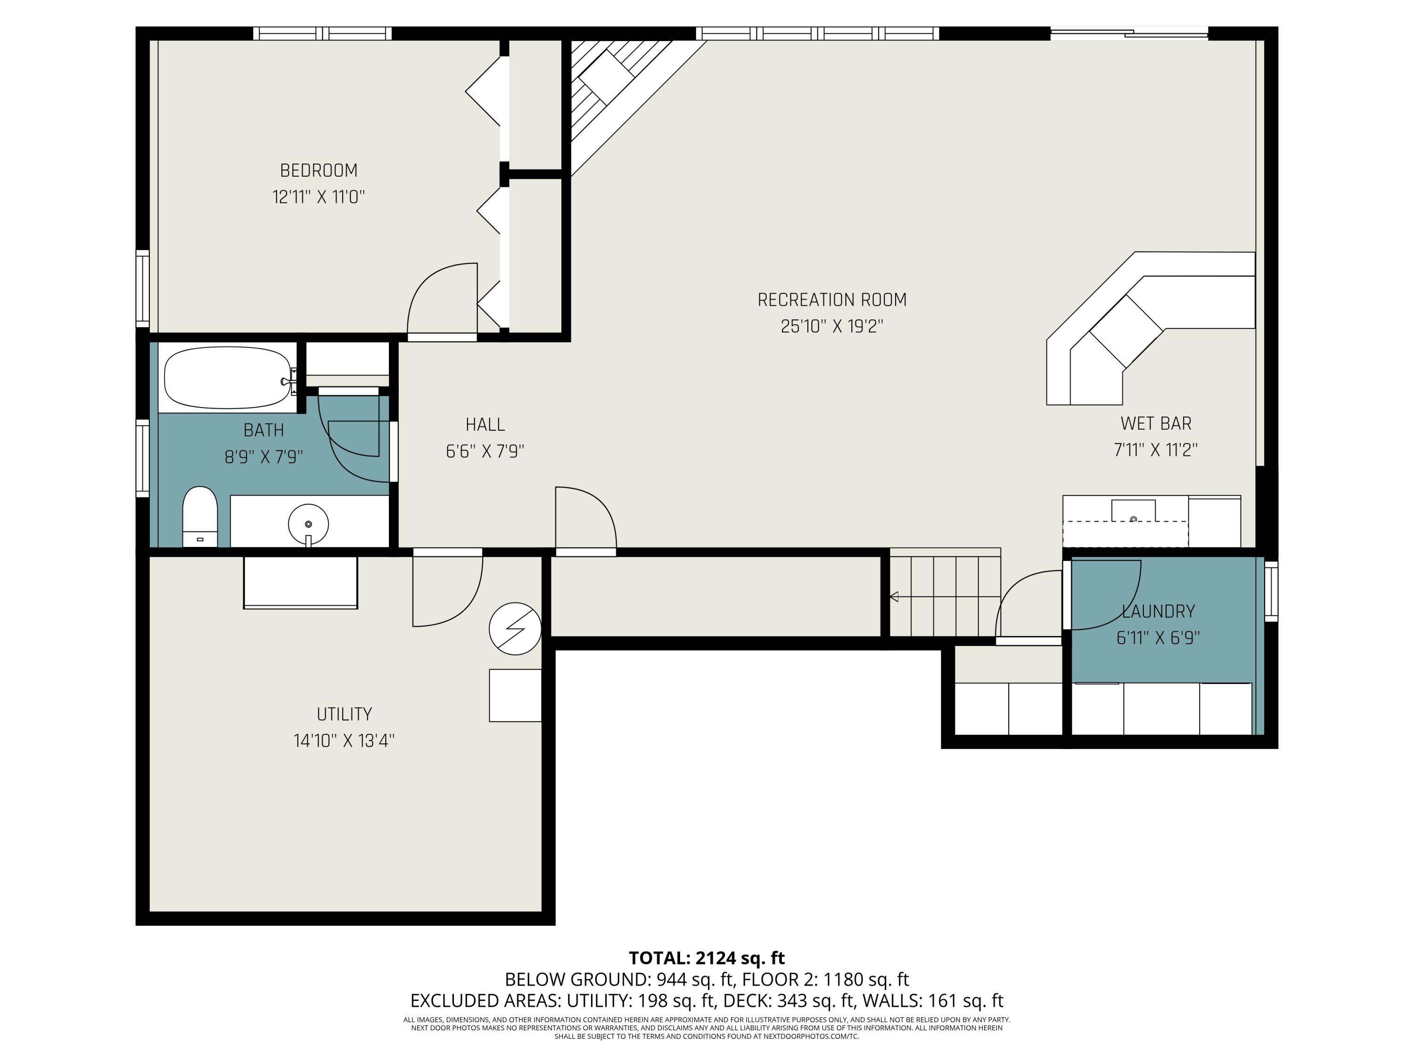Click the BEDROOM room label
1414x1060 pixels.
coord(318,171)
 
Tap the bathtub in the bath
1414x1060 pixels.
coord(228,378)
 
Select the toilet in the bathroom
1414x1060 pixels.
coord(200,517)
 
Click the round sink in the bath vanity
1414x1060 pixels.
coord(308,524)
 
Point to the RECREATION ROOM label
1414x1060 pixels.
coord(831,300)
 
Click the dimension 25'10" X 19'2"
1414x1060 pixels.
coord(831,326)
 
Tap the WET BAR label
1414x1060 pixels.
coord(1156,424)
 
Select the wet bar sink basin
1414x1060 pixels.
coord(1134,511)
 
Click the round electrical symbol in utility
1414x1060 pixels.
coord(515,629)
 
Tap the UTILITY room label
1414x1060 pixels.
coord(344,714)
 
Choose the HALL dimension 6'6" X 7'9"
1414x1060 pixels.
coord(485,452)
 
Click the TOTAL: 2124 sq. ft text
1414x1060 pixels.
coord(707,958)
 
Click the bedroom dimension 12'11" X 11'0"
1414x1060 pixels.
coord(318,197)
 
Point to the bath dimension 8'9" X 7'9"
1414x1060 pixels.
coord(263,457)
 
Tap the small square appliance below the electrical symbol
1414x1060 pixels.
coord(515,695)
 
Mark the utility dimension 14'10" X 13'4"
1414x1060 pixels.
coord(344,741)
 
